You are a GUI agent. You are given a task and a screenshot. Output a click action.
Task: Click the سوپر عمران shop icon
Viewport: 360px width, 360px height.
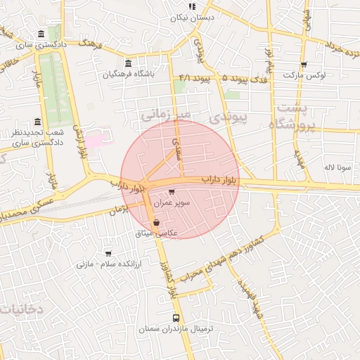tap(172, 191)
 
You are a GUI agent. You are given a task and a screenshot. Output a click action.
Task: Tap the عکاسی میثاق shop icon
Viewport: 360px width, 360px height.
tap(155, 223)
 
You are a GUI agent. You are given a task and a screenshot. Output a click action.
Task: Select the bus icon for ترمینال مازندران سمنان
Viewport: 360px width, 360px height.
tap(174, 318)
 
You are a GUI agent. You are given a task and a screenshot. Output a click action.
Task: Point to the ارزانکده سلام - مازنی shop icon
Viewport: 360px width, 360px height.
tap(108, 253)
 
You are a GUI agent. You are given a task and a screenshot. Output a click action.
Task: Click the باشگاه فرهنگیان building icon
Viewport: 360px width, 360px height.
tap(127, 63)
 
